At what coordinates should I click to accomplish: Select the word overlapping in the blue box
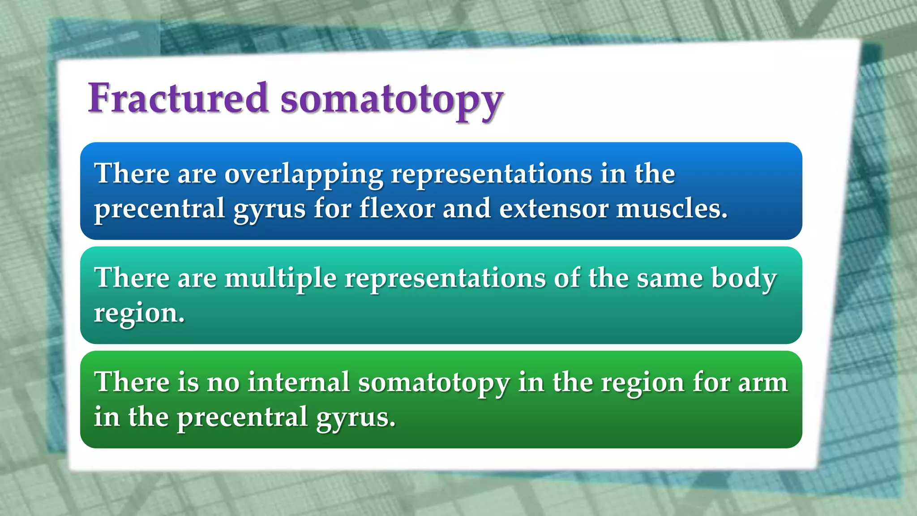[x=304, y=174]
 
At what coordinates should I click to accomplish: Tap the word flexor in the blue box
[x=397, y=209]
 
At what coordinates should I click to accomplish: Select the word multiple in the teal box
[x=280, y=279]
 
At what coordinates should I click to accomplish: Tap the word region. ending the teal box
[x=139, y=314]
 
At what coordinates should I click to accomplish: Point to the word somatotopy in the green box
[x=433, y=383]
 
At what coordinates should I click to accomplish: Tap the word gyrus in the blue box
[x=269, y=210]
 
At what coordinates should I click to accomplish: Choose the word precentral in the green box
[x=242, y=418]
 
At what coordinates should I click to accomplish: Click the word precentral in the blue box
[x=159, y=210]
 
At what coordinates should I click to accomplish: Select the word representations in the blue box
[x=491, y=174]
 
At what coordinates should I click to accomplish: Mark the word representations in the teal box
[x=445, y=279]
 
